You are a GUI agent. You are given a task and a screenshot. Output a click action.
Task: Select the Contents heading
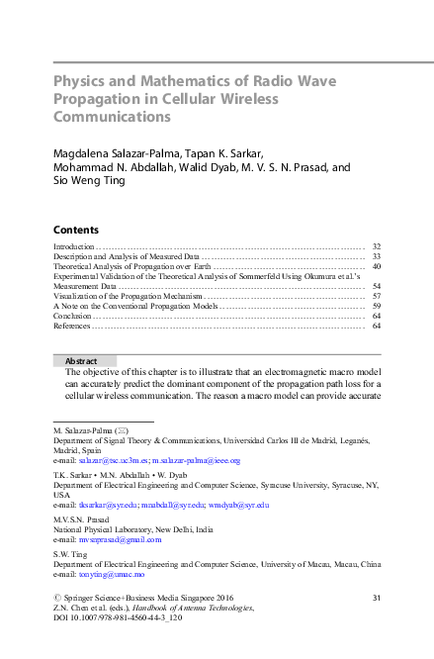(x=75, y=229)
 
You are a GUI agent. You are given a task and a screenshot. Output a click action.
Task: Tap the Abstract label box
(x=83, y=361)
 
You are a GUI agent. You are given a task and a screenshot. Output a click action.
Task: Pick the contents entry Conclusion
(x=76, y=316)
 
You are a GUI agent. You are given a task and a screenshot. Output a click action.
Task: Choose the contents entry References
(x=76, y=326)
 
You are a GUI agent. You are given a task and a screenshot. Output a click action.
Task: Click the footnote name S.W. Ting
(x=70, y=554)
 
